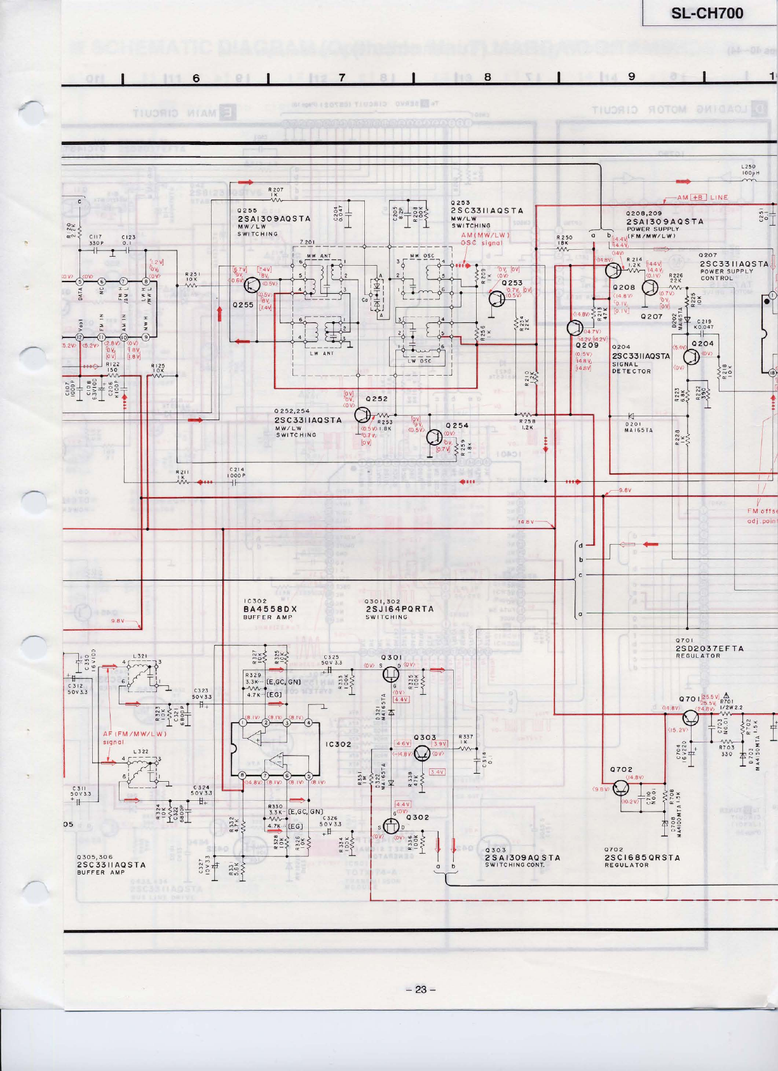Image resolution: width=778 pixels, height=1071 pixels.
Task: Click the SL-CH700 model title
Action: (x=707, y=13)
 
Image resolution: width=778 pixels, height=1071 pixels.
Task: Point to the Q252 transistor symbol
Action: (x=362, y=415)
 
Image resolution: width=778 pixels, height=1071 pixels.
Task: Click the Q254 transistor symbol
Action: (x=434, y=437)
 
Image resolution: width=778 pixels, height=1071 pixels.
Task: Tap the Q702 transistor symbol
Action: (x=622, y=788)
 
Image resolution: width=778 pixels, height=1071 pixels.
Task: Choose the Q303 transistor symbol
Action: (x=422, y=753)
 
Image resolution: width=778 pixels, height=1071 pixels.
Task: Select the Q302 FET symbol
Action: (x=392, y=826)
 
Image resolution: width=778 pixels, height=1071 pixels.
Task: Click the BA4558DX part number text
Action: (x=270, y=609)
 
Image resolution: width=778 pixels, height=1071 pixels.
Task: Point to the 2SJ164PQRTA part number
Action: (x=400, y=609)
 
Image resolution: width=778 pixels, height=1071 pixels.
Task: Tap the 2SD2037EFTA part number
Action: (x=709, y=648)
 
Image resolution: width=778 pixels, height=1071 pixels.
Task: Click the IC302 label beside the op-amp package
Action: (x=338, y=744)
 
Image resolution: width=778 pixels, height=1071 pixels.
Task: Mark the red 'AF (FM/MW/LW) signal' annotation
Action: (x=134, y=737)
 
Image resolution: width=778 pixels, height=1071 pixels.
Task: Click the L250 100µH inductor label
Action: (x=750, y=170)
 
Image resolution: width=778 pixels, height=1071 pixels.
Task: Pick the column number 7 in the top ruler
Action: (x=341, y=78)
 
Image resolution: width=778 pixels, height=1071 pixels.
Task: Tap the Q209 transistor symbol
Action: (x=575, y=328)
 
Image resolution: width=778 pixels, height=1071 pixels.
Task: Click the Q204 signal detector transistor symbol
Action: (x=692, y=356)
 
